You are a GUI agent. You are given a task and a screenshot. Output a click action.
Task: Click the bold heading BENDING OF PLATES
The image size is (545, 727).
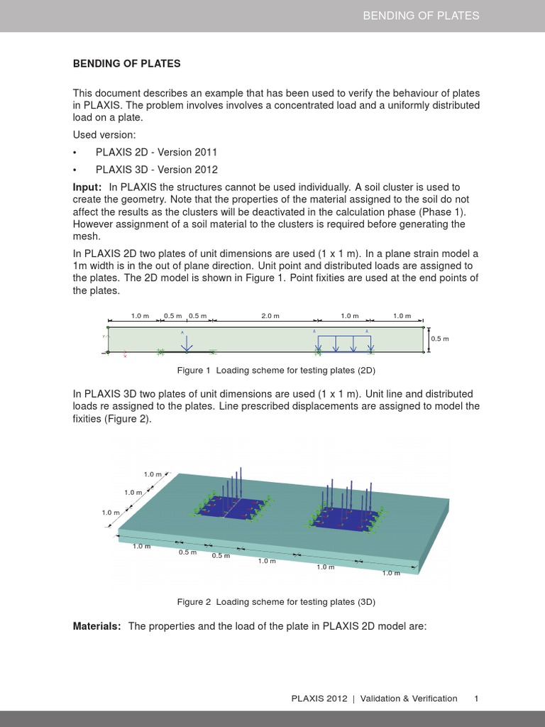pyautogui.click(x=127, y=64)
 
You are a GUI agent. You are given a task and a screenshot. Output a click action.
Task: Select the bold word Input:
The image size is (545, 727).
pyautogui.click(x=88, y=186)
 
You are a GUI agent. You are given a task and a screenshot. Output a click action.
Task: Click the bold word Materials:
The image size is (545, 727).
pyautogui.click(x=97, y=625)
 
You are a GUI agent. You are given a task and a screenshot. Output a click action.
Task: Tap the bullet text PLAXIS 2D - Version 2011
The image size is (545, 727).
pyautogui.click(x=156, y=152)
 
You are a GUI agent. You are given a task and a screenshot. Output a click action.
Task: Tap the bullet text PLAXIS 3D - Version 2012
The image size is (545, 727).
pyautogui.click(x=156, y=170)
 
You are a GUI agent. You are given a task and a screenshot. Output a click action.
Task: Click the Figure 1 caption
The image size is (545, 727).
pyautogui.click(x=275, y=370)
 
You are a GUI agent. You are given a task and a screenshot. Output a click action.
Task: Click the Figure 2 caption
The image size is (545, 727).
pyautogui.click(x=275, y=601)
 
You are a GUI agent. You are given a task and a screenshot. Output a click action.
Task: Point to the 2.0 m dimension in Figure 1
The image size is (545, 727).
pyautogui.click(x=270, y=316)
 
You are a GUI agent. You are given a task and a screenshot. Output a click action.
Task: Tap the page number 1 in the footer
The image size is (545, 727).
pyautogui.click(x=476, y=699)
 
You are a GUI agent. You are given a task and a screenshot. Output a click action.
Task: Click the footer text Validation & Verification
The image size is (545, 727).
pyautogui.click(x=409, y=699)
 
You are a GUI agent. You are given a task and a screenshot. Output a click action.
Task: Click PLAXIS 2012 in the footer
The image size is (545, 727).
pyautogui.click(x=319, y=699)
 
